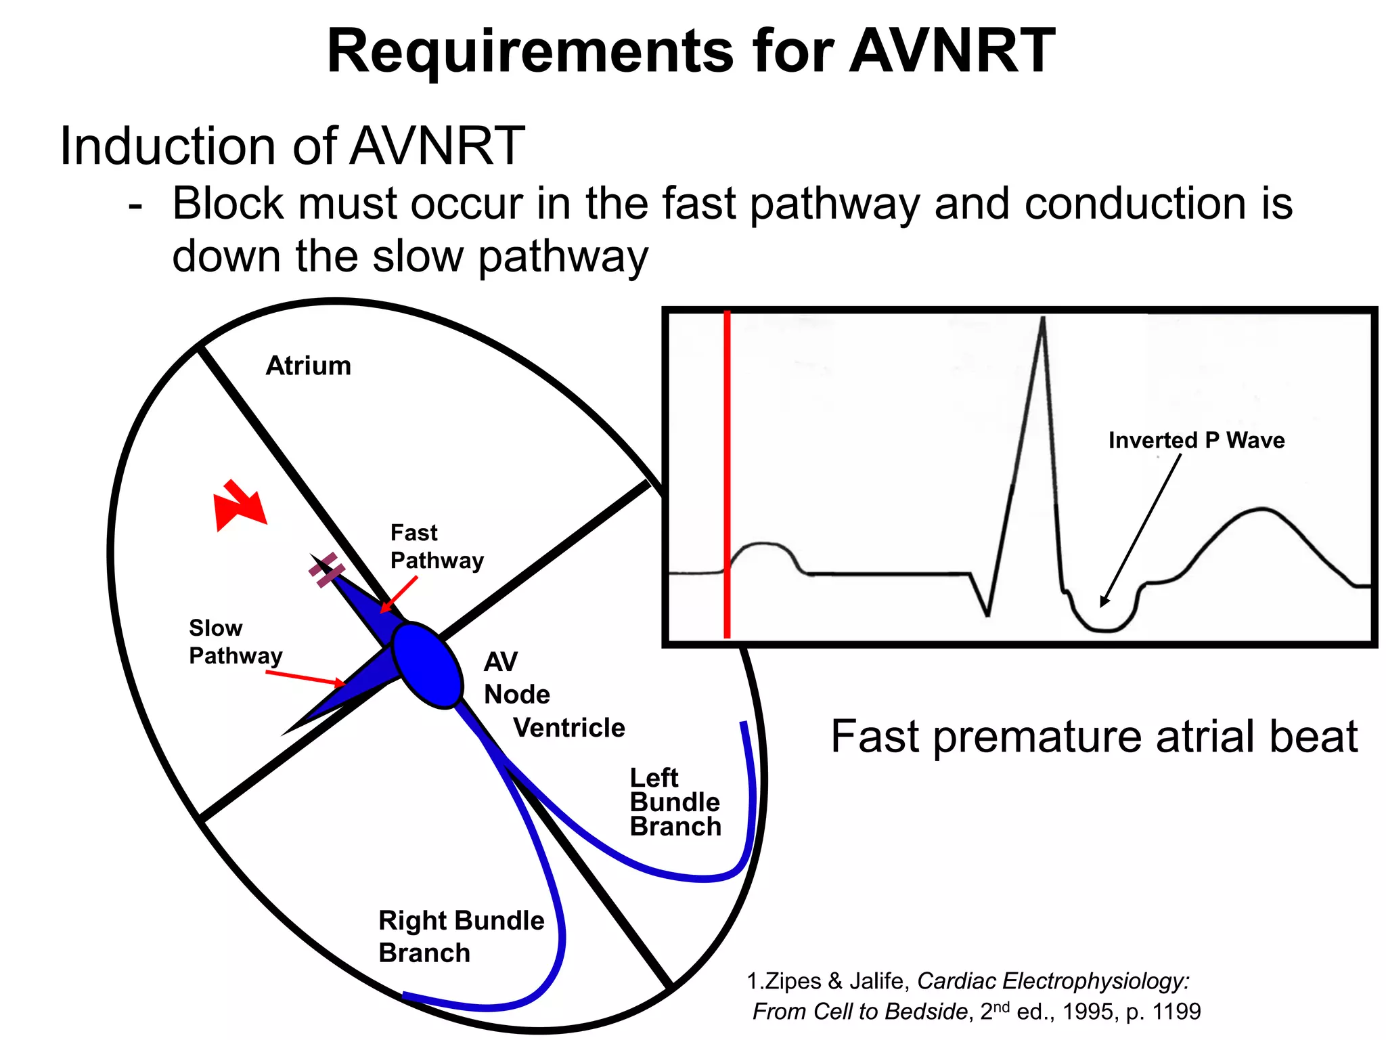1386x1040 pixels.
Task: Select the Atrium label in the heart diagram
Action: [x=308, y=366]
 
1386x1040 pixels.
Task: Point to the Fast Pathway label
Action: [x=437, y=546]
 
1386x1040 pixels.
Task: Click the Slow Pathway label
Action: [x=235, y=642]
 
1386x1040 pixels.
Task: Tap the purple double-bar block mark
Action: [x=327, y=570]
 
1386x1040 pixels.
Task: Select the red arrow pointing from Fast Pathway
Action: [x=399, y=594]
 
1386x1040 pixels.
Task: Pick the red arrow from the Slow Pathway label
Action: [x=305, y=678]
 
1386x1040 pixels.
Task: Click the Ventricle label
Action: [x=568, y=728]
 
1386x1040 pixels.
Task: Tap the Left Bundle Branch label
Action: [x=675, y=802]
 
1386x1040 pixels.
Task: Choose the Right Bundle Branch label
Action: [x=460, y=936]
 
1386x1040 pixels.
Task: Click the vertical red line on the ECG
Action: [x=727, y=474]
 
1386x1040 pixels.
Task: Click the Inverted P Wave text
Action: [x=1196, y=441]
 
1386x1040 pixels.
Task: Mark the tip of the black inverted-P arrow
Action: [x=1102, y=605]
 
